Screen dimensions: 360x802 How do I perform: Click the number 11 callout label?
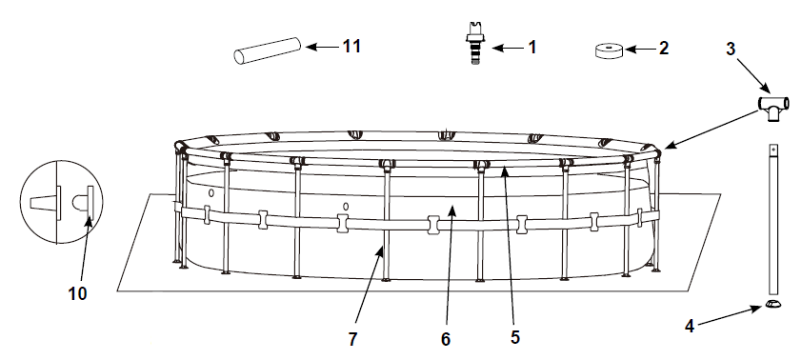tap(352, 46)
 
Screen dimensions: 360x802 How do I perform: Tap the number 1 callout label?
tap(531, 47)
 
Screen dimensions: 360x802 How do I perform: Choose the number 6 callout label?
tap(445, 336)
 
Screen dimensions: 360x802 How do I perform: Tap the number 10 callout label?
tap(77, 293)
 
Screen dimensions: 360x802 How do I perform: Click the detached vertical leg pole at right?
tap(772, 219)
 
